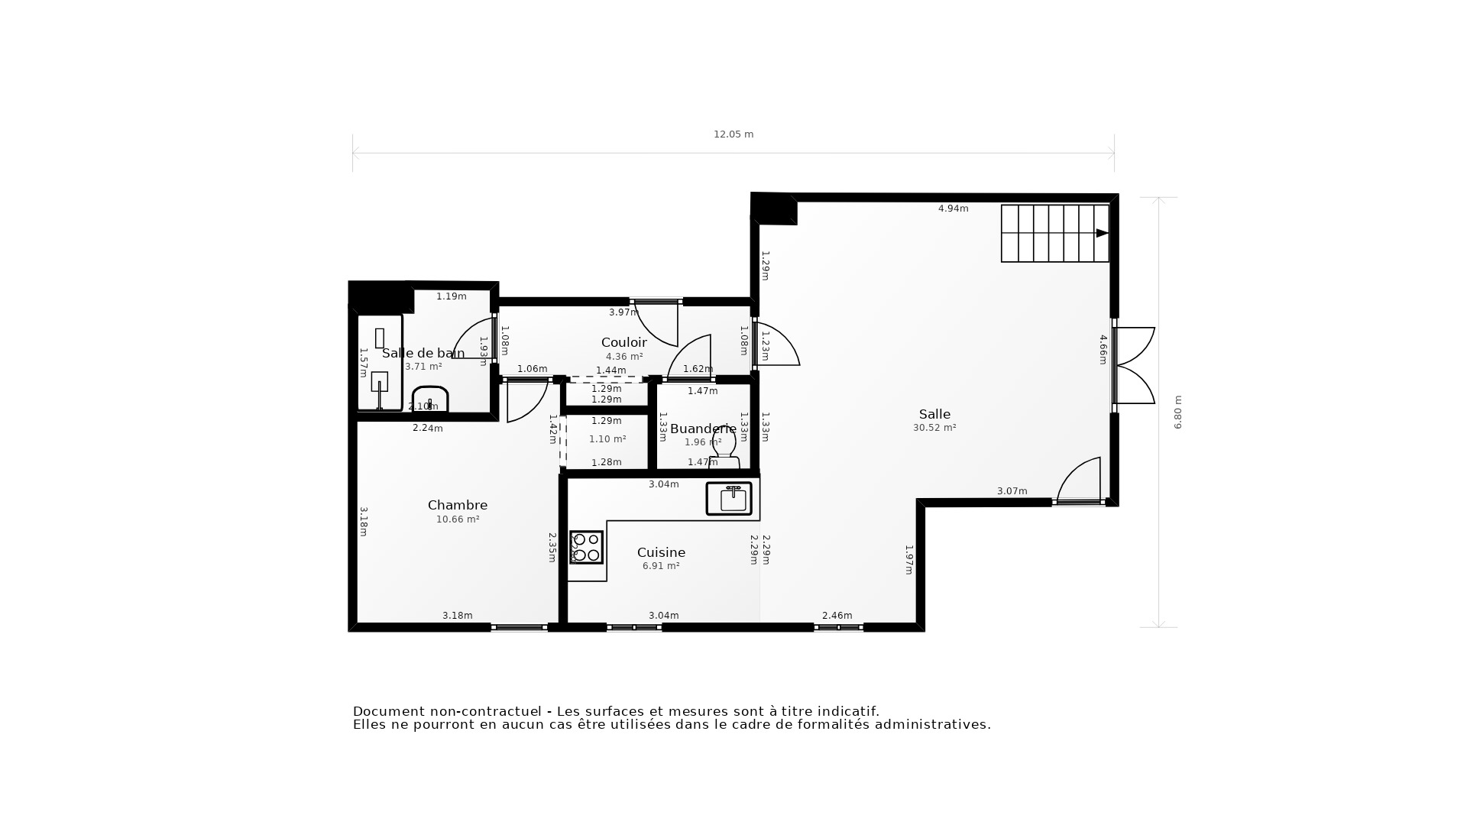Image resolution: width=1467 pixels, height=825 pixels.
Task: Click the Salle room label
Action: (x=934, y=414)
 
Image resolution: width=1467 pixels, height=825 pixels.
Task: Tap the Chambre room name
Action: (x=457, y=505)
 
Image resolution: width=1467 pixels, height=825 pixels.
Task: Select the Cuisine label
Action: (x=661, y=552)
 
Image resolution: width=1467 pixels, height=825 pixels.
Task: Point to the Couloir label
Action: (x=623, y=342)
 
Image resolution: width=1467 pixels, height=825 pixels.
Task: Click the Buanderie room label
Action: (x=703, y=429)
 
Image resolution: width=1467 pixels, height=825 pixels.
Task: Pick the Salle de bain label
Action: (x=423, y=353)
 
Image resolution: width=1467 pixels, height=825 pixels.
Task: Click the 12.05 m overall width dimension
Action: (x=733, y=134)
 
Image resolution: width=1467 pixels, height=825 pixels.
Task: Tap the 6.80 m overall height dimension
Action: (x=1177, y=412)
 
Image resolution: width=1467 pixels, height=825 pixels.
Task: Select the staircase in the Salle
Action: (x=1055, y=233)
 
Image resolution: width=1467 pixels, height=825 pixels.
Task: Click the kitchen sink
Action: (x=729, y=499)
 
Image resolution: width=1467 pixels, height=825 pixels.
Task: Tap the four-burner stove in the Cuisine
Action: (x=586, y=547)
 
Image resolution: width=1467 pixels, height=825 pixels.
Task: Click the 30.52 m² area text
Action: (x=934, y=428)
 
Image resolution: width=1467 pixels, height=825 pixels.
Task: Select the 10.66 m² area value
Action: (x=457, y=519)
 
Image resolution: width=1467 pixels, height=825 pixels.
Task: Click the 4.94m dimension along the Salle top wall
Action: (x=953, y=209)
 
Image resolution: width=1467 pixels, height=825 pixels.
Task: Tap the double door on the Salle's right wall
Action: (x=1134, y=365)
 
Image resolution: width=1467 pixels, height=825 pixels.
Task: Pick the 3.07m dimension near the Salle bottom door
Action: (x=1012, y=491)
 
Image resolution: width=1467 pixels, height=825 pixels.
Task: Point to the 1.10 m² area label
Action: (x=607, y=439)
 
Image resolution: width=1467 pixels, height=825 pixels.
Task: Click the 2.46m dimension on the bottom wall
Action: (x=837, y=616)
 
